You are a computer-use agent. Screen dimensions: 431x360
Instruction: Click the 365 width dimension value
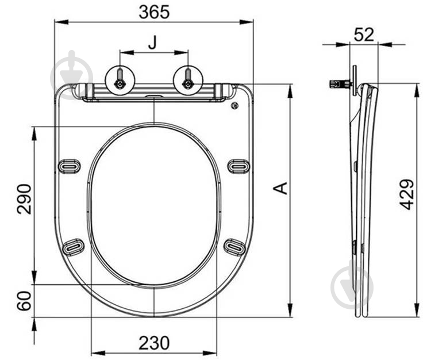[x=154, y=13]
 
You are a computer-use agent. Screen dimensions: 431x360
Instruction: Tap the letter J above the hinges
[x=152, y=42]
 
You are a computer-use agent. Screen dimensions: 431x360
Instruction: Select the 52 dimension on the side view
[x=364, y=35]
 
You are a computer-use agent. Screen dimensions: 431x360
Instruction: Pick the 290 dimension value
[x=24, y=199]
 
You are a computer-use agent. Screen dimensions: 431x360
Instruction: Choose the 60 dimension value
[x=24, y=301]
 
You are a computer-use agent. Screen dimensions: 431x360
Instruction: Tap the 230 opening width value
[x=154, y=343]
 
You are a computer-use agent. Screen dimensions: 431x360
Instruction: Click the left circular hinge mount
[x=120, y=81]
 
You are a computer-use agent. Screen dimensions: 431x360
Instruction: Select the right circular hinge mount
[x=188, y=81]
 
